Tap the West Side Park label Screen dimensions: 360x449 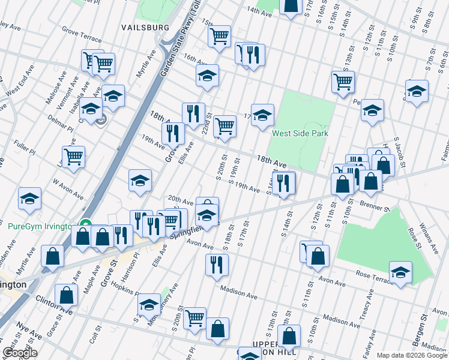tap(300, 133)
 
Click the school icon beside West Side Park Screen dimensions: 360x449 tap(262, 115)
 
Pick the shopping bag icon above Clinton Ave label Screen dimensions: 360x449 tap(66, 295)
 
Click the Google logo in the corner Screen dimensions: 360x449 tap(20, 353)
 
